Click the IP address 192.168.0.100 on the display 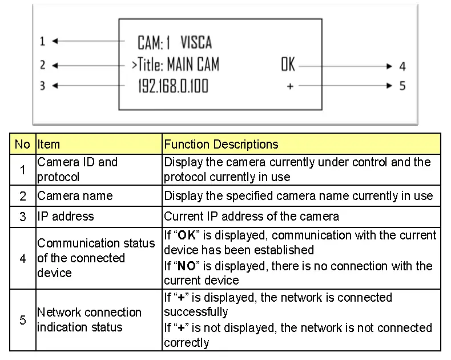[173, 86]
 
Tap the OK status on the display [288, 65]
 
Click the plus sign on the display [290, 86]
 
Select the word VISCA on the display [196, 42]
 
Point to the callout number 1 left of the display [42, 42]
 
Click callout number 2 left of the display [42, 65]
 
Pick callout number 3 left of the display [42, 86]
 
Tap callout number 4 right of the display [402, 67]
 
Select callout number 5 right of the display [402, 87]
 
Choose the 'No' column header [22, 144]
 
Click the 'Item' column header [49, 144]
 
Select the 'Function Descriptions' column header [221, 144]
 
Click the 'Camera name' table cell [75, 195]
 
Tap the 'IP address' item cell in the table [65, 217]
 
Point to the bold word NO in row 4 [186, 266]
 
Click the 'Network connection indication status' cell [89, 319]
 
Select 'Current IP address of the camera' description [251, 217]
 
